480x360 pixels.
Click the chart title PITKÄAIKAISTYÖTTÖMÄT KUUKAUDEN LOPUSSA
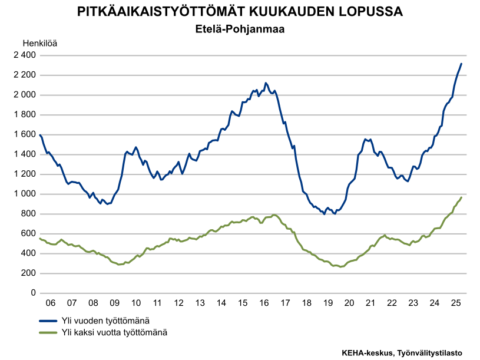click(x=240, y=12)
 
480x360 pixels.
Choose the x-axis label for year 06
click(x=51, y=303)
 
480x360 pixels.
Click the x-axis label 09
click(x=114, y=303)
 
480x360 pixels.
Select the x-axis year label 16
click(x=264, y=303)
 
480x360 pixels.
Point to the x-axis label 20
click(x=349, y=303)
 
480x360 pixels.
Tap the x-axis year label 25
click(x=455, y=303)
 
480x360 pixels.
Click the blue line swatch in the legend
click(x=48, y=321)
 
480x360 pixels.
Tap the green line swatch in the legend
click(x=48, y=332)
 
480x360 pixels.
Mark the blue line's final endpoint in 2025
click(x=462, y=64)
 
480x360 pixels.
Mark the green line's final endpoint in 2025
click(x=462, y=197)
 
